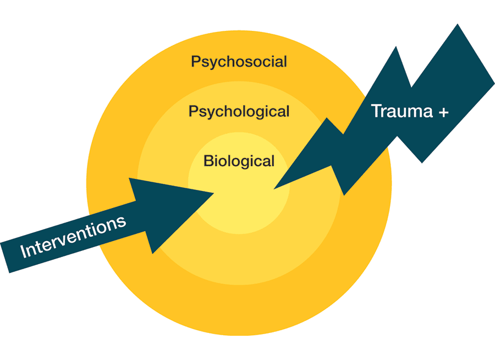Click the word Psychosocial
click(239, 62)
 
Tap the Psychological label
click(239, 112)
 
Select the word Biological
click(239, 161)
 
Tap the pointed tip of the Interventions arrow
click(213, 192)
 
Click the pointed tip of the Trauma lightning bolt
click(274, 189)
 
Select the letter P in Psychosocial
click(196, 61)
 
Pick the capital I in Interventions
click(23, 252)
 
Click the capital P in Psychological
click(193, 111)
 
